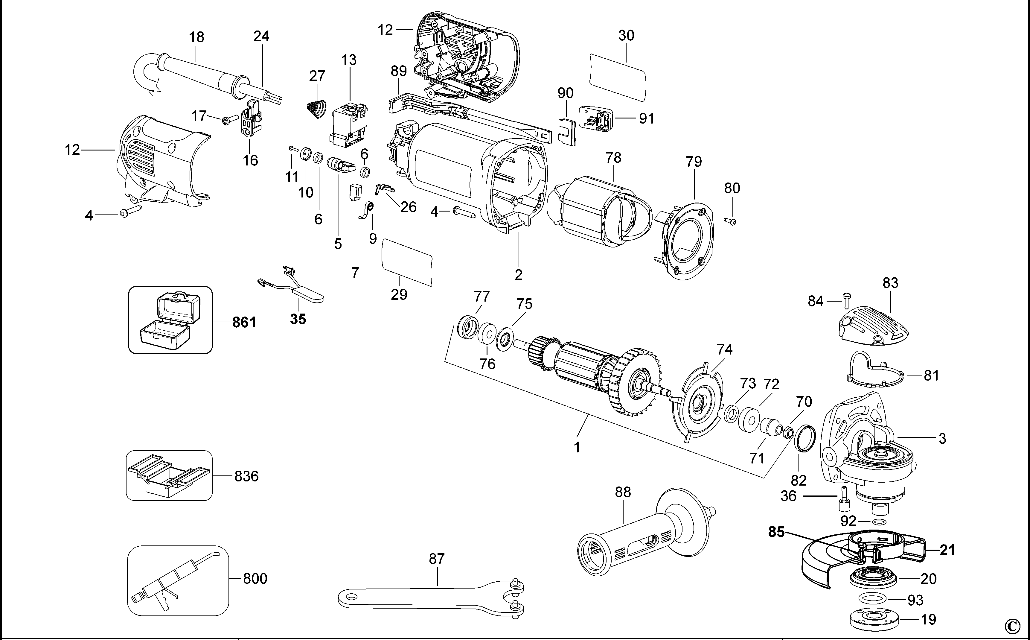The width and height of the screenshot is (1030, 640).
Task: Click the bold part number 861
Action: tap(244, 323)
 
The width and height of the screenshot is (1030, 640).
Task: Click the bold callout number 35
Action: tap(298, 319)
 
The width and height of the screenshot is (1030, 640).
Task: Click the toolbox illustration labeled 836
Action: tap(168, 476)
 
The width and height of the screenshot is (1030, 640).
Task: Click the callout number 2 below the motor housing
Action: tap(519, 275)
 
